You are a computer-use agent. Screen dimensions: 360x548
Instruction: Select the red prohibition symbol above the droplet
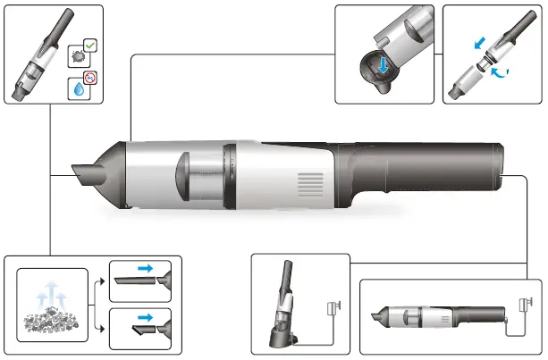(x=89, y=80)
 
